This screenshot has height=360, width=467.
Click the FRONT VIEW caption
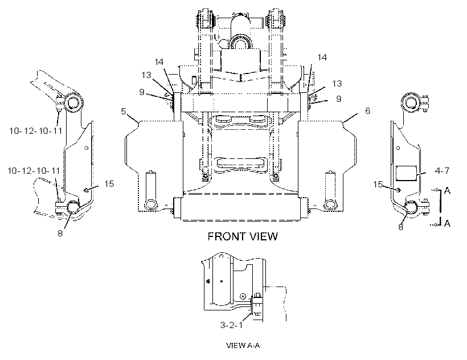(x=243, y=236)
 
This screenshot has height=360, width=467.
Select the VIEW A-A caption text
(x=243, y=345)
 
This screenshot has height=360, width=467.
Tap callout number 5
(x=124, y=112)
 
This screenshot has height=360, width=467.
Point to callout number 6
(x=367, y=111)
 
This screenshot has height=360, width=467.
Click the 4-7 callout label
(x=442, y=170)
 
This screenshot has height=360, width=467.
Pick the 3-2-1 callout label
(x=231, y=325)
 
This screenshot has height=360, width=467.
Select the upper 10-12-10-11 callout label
(x=36, y=130)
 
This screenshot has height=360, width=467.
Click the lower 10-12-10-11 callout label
(x=34, y=171)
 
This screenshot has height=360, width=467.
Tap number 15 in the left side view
(x=109, y=184)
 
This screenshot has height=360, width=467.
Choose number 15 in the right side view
(x=378, y=185)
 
